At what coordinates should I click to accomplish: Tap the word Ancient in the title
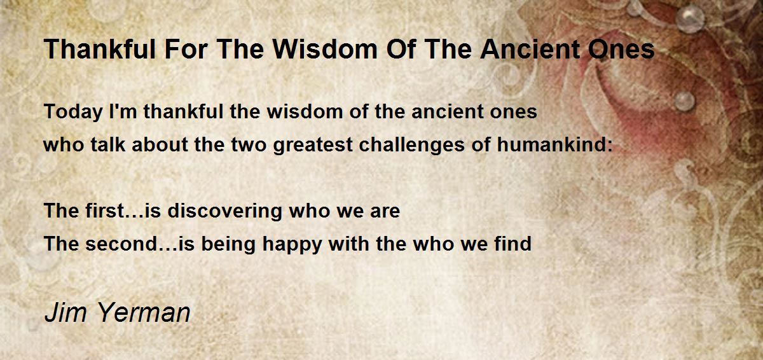click(530, 50)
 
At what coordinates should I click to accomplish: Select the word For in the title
click(186, 50)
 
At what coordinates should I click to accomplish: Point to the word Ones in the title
click(621, 50)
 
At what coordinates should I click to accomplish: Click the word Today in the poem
click(73, 113)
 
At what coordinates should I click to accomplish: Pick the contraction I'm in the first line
click(123, 111)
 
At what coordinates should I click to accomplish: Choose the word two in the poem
click(249, 145)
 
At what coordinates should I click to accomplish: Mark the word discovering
click(225, 211)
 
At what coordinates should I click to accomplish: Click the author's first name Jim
click(65, 312)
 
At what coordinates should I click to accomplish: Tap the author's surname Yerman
click(144, 312)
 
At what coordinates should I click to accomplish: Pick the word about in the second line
click(160, 144)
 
